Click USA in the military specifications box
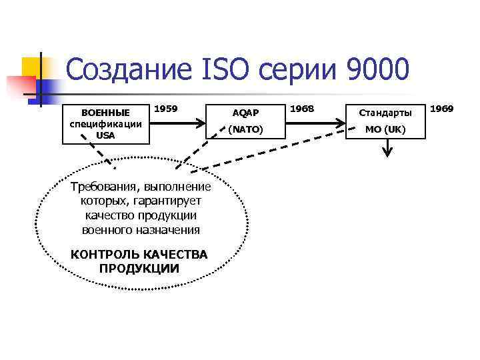click(105, 135)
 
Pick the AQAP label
click(246, 113)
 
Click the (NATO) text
click(246, 129)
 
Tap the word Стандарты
click(385, 113)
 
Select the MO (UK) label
click(385, 129)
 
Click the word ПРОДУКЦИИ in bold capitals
click(139, 269)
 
